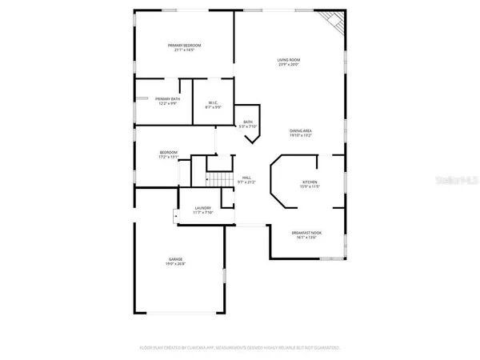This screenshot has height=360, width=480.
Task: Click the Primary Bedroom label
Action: tap(184, 46)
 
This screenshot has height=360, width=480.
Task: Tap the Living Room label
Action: tap(289, 60)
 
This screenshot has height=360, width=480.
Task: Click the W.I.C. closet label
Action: tap(214, 102)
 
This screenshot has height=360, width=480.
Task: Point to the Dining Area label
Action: tap(301, 131)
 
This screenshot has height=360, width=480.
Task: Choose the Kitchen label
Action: tap(310, 182)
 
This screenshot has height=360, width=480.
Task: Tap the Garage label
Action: tap(175, 259)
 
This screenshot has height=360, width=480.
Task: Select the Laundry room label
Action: tap(202, 209)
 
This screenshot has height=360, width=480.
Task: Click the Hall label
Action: tap(247, 178)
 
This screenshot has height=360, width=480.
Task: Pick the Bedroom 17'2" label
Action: tap(168, 152)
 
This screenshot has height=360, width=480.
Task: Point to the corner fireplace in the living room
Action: tap(330, 22)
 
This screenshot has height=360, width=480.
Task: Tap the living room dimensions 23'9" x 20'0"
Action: tap(289, 65)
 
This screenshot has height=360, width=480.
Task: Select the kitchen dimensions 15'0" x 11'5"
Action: tap(310, 187)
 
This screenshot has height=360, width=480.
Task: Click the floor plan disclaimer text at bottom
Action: tap(240, 348)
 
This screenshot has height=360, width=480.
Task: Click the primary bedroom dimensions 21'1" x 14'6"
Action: tap(184, 50)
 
